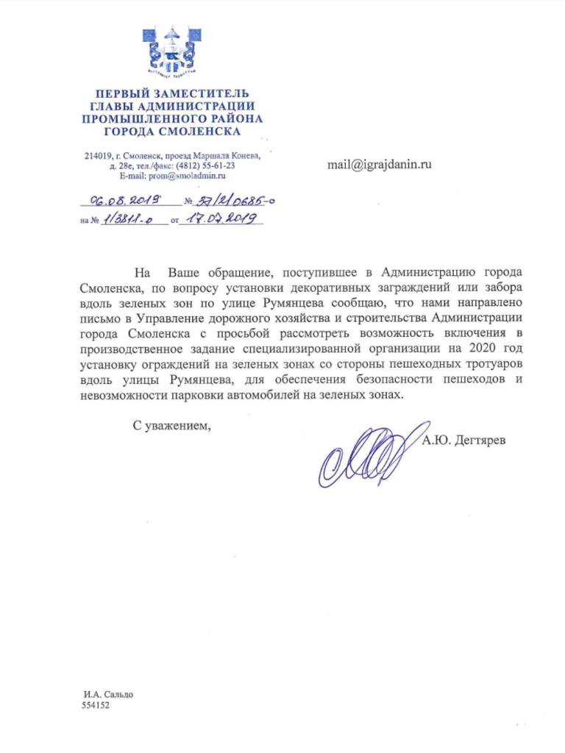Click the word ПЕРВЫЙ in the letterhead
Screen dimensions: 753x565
point(124,93)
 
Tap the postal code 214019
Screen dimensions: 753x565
point(99,155)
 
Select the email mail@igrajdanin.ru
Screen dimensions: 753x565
point(379,165)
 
